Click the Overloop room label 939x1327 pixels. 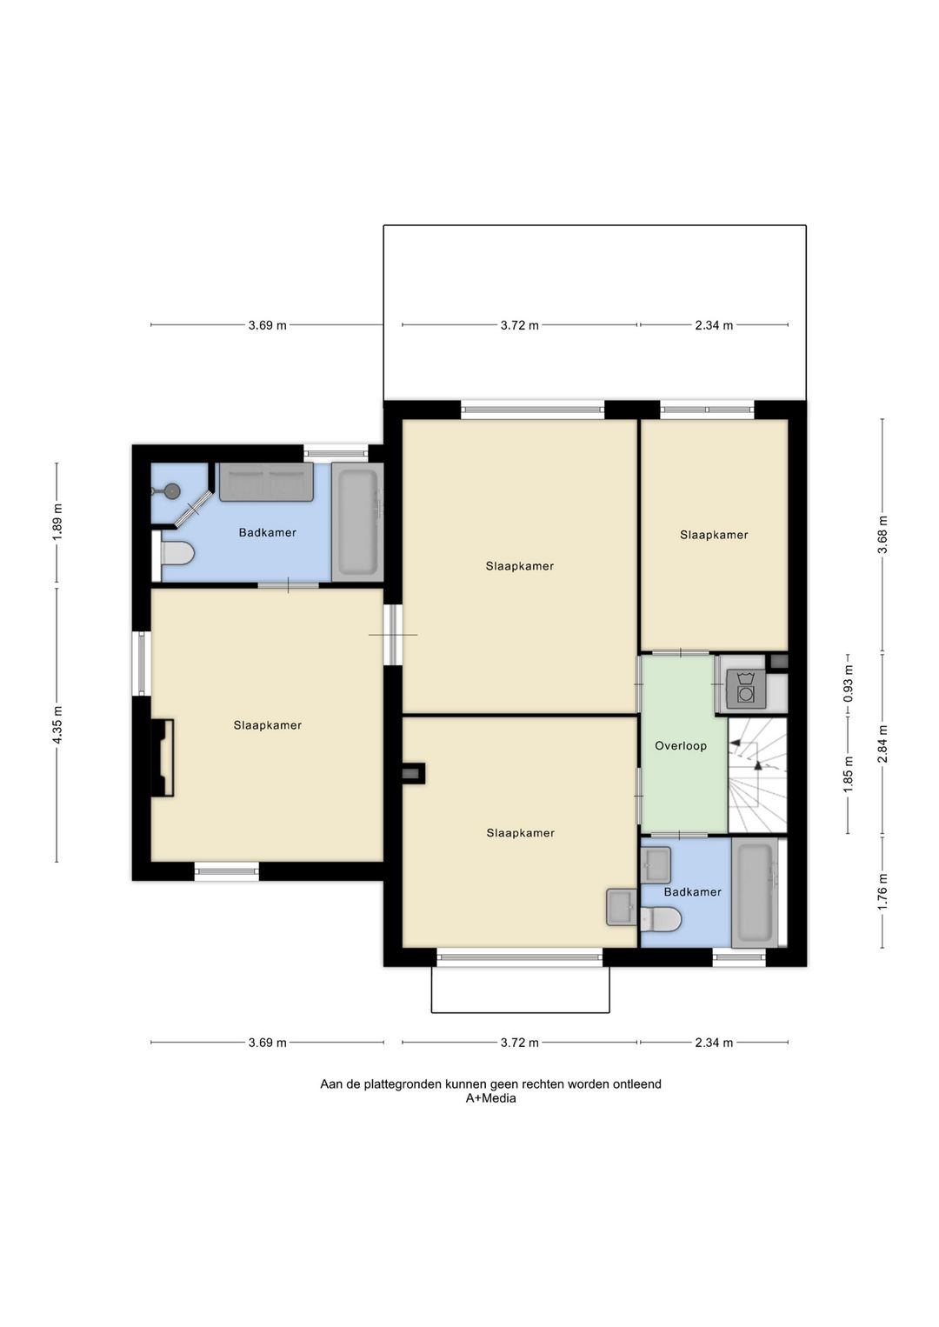pos(680,746)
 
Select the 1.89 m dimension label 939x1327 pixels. pos(57,522)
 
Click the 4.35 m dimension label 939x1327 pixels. pos(57,725)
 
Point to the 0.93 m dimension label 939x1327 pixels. pos(849,685)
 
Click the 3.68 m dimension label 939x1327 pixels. pos(882,534)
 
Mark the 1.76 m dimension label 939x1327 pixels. pos(882,892)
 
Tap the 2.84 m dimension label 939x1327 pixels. pos(882,744)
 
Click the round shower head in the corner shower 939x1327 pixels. pos(172,490)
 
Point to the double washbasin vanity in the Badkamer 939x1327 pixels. pos(267,483)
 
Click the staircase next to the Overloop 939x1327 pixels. pos(757,776)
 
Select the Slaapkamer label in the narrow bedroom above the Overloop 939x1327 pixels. pos(714,535)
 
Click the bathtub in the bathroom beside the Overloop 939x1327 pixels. pos(754,893)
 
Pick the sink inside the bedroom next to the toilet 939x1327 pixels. pos(621,907)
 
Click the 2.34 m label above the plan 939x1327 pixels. pos(714,325)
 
